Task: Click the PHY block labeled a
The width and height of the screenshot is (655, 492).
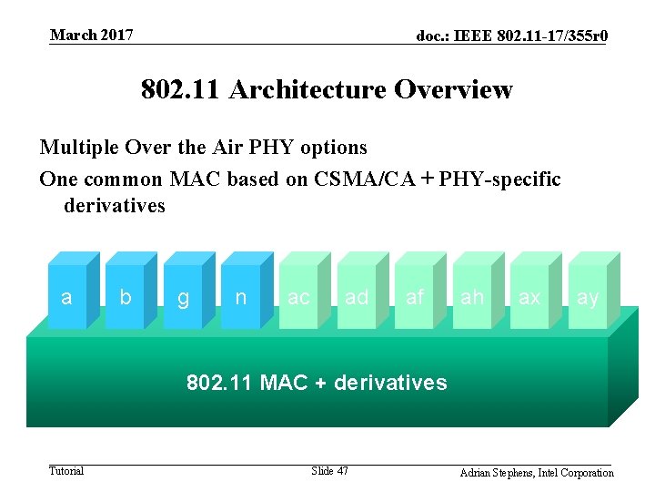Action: tap(65, 297)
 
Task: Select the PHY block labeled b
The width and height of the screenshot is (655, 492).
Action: tap(126, 297)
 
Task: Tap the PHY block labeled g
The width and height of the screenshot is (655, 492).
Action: tap(183, 297)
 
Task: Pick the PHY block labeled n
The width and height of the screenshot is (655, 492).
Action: tap(240, 297)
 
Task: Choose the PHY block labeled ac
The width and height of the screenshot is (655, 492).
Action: tap(298, 297)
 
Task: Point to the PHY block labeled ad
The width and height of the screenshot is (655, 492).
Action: tap(357, 297)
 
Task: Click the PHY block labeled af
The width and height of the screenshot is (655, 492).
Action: tap(415, 297)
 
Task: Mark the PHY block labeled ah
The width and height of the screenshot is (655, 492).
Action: tap(472, 297)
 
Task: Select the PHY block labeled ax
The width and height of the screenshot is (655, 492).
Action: tap(529, 297)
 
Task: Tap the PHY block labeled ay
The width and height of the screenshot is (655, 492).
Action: tap(588, 297)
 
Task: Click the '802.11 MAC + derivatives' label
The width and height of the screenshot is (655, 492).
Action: tap(317, 383)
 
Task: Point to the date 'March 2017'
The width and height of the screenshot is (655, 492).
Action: tap(92, 35)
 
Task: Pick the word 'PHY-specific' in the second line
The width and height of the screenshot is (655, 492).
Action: tap(499, 179)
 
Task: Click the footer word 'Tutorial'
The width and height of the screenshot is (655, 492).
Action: tap(66, 471)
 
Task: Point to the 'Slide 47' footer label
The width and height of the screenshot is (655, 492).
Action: tap(329, 471)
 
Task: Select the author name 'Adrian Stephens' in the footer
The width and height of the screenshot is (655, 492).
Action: tap(499, 473)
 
